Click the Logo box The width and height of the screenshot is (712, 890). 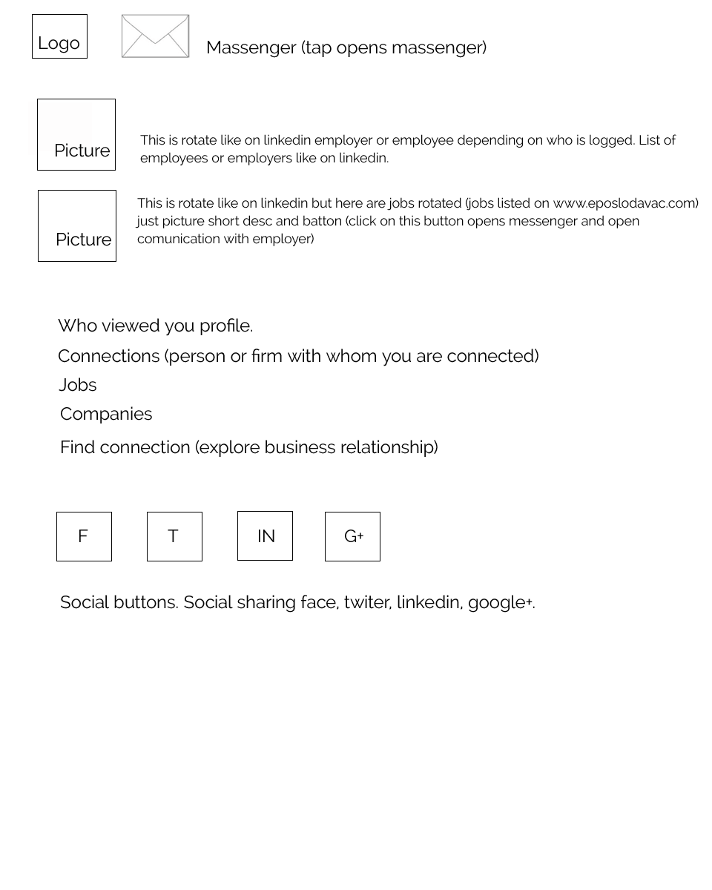(59, 36)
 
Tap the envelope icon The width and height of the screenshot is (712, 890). (155, 36)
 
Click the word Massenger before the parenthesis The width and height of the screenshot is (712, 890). (251, 47)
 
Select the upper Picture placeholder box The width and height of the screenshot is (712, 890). (76, 134)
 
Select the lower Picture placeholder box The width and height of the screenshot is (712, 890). (77, 225)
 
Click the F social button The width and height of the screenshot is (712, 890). (84, 536)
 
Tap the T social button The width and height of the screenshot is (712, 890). (174, 536)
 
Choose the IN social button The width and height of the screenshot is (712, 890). (265, 535)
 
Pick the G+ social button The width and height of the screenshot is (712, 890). (352, 536)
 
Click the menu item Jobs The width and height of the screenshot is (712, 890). (78, 385)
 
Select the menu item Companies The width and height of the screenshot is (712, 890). (106, 414)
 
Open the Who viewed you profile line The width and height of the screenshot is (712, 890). (155, 326)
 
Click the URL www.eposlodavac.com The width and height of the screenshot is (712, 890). (623, 203)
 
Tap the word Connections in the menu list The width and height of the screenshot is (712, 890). (108, 356)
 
